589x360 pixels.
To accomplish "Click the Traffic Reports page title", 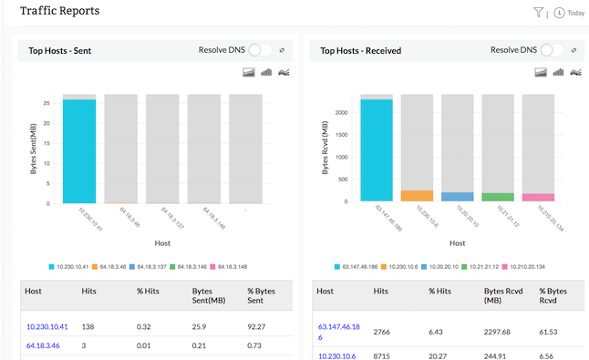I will pos(59,11).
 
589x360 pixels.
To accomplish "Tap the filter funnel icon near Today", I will pos(539,13).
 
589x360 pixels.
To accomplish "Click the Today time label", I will pos(575,14).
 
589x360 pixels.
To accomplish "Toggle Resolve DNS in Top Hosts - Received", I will pos(552,50).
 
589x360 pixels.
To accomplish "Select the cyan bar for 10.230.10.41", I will pos(79,151).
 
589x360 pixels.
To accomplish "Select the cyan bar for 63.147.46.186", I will pos(377,150).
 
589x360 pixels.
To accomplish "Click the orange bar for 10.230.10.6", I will pos(417,196).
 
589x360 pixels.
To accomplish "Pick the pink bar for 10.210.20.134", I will pos(537,197).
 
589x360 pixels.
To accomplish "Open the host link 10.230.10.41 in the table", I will pos(46,325).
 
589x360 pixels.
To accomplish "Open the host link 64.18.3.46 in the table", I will pos(43,346).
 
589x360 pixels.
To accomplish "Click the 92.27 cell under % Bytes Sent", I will pos(258,325).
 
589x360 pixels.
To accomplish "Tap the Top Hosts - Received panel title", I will pos(360,51).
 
